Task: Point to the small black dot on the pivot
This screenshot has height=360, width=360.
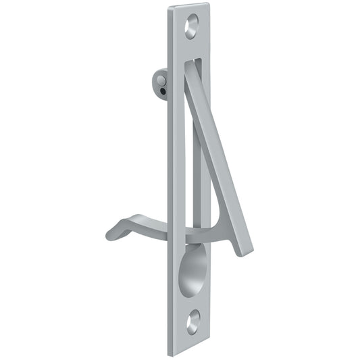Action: pyautogui.click(x=161, y=88)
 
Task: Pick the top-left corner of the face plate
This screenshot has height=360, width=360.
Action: pyautogui.click(x=168, y=8)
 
